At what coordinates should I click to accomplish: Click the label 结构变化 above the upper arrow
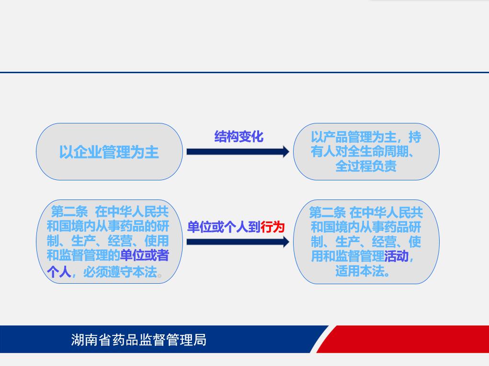239,136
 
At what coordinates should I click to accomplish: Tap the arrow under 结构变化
238,152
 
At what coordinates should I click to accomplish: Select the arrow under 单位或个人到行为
238,242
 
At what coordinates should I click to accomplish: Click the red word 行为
273,227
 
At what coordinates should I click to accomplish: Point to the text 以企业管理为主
109,152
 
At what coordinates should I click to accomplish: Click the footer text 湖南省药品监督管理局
138,340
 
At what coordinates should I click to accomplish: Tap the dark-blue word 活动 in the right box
396,256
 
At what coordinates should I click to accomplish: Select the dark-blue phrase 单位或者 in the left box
144,255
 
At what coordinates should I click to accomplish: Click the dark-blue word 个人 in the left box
59,272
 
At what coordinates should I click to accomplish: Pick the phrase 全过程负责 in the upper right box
366,166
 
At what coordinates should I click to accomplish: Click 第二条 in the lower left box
69,212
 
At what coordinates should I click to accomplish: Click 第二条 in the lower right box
327,213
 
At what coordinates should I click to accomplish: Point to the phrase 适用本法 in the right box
360,271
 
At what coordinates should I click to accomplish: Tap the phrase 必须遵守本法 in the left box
120,272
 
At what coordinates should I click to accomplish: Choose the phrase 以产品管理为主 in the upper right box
353,137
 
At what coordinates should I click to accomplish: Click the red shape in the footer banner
402,339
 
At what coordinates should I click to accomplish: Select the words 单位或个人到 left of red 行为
224,227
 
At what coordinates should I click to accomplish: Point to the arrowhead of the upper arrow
286,152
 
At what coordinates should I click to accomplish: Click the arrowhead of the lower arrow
286,242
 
